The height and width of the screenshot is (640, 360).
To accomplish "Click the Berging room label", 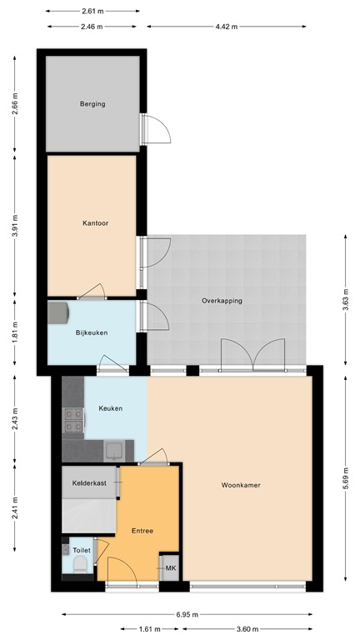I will point(92,104).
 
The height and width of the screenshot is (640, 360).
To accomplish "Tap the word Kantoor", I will point(96,223).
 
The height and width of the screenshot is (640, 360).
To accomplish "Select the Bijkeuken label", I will point(91,332).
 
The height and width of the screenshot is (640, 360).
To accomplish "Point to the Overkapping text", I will point(222,301).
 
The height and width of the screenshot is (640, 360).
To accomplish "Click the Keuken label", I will point(111,408).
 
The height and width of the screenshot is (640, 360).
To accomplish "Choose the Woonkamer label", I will point(242,485).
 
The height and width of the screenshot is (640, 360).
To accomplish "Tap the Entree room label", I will point(142,530).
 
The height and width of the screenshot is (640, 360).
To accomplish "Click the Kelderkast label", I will point(89,482).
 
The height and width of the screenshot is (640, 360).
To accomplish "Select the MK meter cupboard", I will point(170,568).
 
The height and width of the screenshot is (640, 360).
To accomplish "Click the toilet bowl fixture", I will point(80,566).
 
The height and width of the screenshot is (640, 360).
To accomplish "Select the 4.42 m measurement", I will point(227,27).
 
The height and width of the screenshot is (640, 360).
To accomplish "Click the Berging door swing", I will point(158,127).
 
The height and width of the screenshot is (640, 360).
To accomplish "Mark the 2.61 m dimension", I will point(93,11).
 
